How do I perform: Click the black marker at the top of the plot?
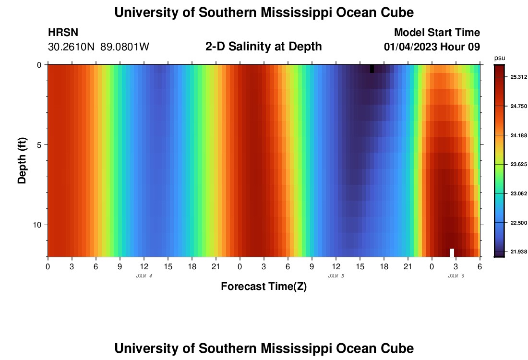click(x=372, y=69)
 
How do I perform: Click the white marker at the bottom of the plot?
click(x=452, y=252)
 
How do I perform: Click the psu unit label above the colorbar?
click(x=499, y=58)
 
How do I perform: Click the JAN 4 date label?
click(x=144, y=276)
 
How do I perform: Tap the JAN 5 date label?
click(x=336, y=276)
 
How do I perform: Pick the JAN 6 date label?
click(x=456, y=276)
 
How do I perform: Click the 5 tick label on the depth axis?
click(x=39, y=145)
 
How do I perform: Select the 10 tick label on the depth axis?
click(x=37, y=225)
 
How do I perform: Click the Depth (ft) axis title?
click(x=22, y=161)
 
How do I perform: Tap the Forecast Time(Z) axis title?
click(x=264, y=287)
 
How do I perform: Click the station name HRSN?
click(x=63, y=33)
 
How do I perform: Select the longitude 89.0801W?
click(x=125, y=47)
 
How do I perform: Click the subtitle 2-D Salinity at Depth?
click(x=264, y=47)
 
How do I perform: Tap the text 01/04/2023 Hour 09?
click(x=432, y=47)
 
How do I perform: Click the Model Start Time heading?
click(x=437, y=33)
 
